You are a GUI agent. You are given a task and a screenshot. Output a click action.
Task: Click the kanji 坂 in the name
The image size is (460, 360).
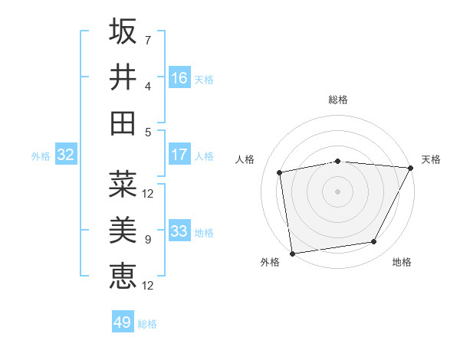(x=123, y=32)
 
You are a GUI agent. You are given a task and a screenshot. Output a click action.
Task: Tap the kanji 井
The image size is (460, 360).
(x=123, y=77)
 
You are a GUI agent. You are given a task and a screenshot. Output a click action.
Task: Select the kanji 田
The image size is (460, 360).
(x=123, y=123)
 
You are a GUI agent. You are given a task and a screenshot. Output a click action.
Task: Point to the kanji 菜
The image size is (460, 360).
(x=123, y=184)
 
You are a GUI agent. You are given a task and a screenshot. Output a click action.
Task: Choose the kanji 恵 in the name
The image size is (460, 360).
(x=123, y=274)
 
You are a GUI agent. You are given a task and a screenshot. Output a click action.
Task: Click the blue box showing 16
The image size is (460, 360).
(x=179, y=78)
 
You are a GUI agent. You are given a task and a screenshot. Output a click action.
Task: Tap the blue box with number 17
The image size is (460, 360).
(x=179, y=155)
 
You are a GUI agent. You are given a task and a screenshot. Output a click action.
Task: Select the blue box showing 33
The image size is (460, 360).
(x=179, y=231)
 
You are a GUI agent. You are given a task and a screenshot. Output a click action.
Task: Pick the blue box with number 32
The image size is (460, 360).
(x=66, y=155)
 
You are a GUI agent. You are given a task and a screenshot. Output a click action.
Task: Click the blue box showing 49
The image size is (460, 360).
(x=123, y=322)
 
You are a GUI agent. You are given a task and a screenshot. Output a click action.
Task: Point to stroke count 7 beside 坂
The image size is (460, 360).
(x=147, y=40)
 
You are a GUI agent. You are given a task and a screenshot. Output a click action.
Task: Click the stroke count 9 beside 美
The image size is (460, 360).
(x=147, y=240)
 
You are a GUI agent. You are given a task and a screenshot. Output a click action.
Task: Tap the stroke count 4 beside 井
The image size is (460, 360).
(x=147, y=86)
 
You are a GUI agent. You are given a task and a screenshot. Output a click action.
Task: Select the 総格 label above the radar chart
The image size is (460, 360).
(x=337, y=100)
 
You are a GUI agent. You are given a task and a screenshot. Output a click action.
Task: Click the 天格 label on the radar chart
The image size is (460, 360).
(x=431, y=159)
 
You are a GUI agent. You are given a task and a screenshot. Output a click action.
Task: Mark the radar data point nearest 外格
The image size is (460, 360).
(x=292, y=252)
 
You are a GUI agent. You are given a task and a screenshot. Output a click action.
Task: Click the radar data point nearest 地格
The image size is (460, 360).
(x=374, y=242)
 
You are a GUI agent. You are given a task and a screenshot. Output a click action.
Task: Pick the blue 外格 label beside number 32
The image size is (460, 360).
(x=41, y=156)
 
